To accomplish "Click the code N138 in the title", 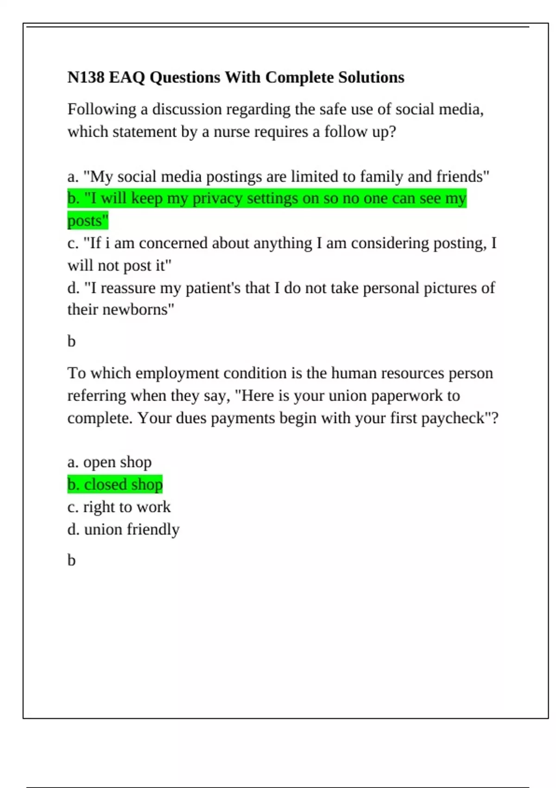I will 86,77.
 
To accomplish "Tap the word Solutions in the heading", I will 371,77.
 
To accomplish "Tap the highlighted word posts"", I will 88,221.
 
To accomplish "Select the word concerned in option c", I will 173,243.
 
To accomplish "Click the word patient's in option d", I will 213,288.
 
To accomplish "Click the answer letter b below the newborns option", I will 71,342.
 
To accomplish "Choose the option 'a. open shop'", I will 109,462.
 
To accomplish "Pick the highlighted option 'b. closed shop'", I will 115,484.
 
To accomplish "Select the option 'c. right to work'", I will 119,507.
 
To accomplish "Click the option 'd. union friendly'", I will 123,529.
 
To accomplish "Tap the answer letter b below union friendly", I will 71,560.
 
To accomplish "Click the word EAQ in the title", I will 127,77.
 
